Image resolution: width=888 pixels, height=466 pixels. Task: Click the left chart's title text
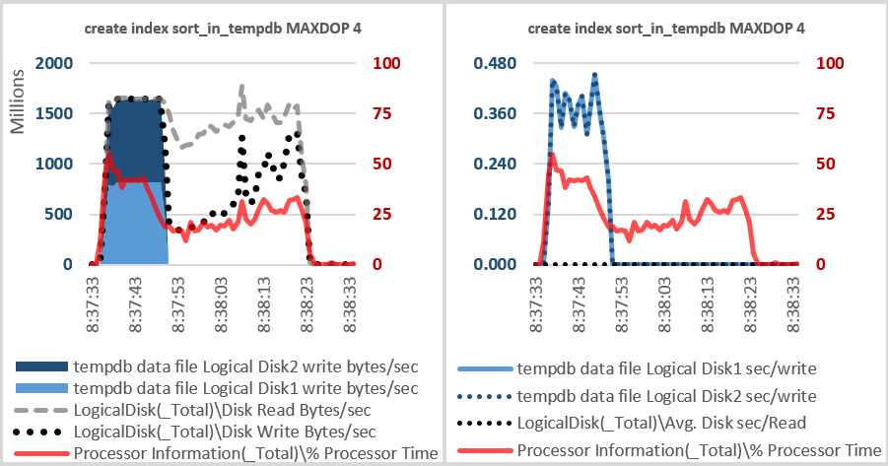click(x=221, y=28)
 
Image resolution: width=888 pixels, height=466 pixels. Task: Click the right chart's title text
click(x=665, y=28)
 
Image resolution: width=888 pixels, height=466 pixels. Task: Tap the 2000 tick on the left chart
click(x=54, y=64)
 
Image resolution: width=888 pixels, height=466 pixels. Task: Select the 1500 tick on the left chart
click(x=54, y=114)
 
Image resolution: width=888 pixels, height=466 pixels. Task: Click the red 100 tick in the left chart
click(x=382, y=64)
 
